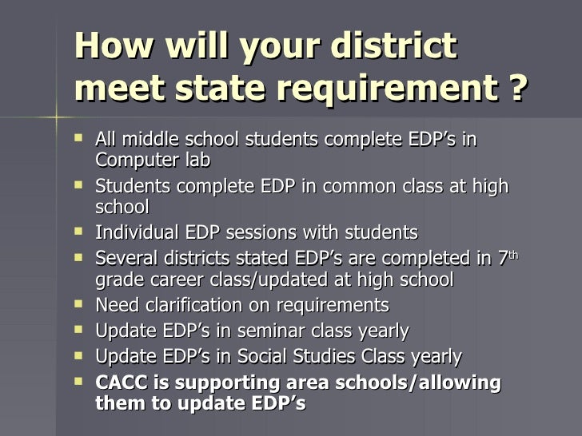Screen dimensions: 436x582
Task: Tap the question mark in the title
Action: point(517,90)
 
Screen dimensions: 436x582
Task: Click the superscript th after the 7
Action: point(514,256)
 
